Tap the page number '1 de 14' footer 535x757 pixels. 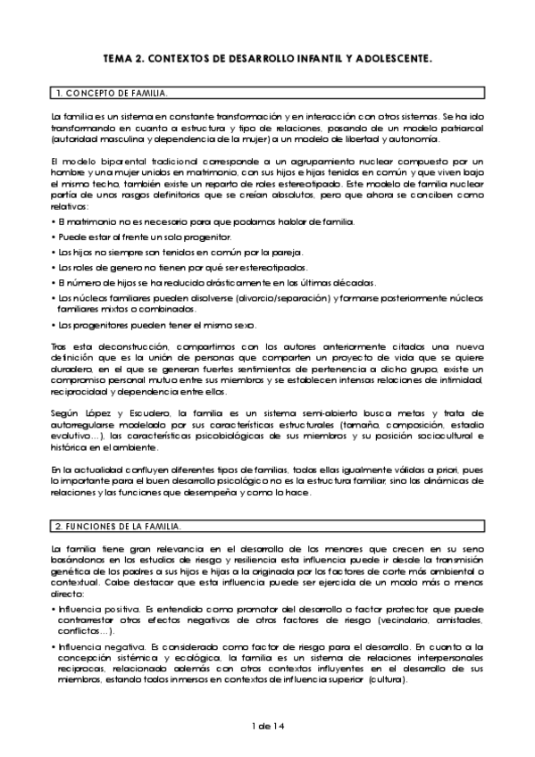(267, 728)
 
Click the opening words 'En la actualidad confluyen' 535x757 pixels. (105, 469)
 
